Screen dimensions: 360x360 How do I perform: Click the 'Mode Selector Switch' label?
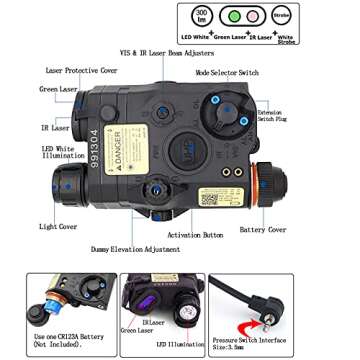(229, 74)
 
